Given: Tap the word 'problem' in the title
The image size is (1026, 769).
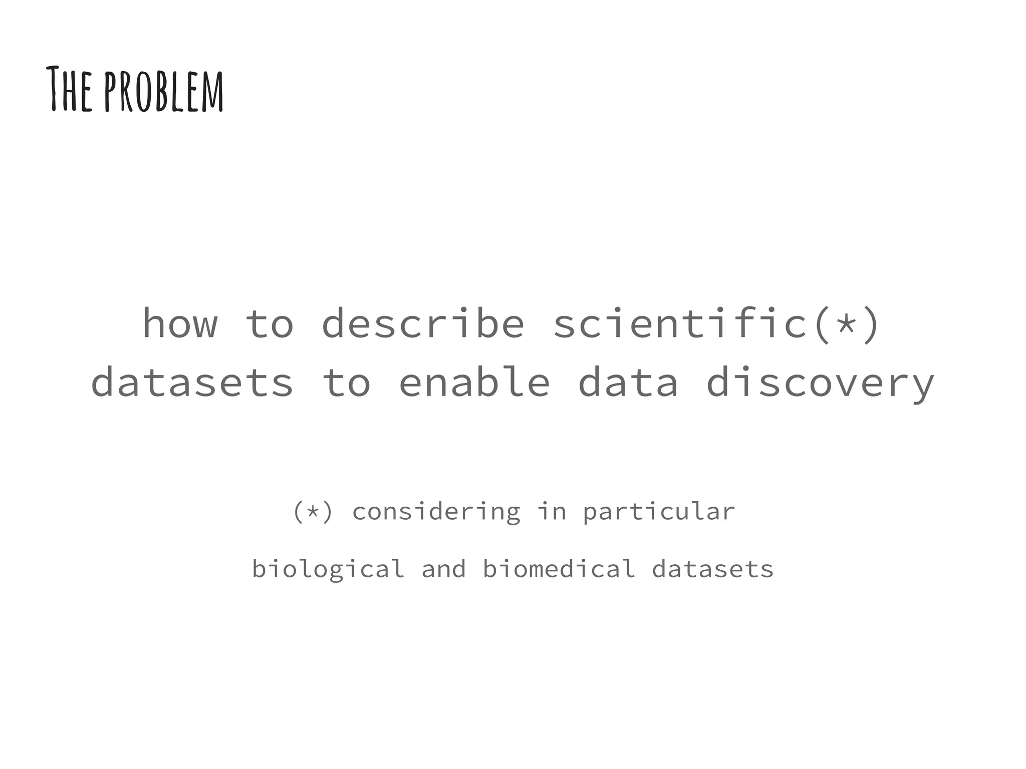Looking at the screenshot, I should tap(164, 91).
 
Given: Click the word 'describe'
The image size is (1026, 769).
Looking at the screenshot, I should tap(423, 323).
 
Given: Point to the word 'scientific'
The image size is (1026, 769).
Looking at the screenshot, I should tap(681, 323).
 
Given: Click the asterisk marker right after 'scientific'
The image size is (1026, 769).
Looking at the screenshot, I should tap(846, 323).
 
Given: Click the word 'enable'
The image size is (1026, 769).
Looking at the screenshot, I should tap(474, 381).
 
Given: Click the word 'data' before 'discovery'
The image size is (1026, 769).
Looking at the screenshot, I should tap(628, 381).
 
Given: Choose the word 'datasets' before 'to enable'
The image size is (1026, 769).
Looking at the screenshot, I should tap(192, 382).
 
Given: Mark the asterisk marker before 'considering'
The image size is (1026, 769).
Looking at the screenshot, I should tap(313, 512).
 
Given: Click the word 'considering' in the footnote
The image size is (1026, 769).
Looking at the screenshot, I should tap(436, 512).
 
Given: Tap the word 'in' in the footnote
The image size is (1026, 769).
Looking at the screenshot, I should tap(552, 511).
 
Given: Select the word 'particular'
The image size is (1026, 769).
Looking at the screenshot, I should tap(659, 512).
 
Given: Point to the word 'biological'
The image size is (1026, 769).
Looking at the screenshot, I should tap(328, 570).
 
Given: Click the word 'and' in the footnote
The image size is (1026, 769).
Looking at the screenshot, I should tap(444, 569).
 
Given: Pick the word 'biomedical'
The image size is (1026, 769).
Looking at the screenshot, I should tap(559, 569).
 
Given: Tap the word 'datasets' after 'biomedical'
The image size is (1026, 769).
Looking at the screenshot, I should tap(713, 570).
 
